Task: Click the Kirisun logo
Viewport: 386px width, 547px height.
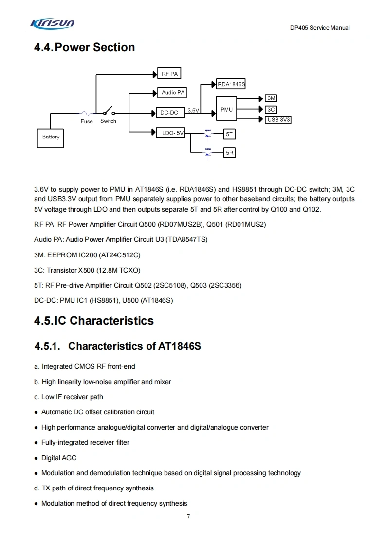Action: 52,24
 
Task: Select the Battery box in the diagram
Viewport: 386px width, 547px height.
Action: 51,137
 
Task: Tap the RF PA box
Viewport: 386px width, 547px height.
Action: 169,74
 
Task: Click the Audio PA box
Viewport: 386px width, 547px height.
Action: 172,92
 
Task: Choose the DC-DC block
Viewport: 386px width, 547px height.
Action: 169,113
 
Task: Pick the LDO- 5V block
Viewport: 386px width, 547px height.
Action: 170,133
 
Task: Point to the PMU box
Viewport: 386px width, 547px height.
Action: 226,110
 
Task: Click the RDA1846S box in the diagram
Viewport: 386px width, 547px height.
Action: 231,84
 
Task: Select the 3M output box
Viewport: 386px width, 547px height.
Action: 272,98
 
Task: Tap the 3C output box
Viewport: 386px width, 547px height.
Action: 272,110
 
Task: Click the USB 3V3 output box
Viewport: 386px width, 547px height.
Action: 278,119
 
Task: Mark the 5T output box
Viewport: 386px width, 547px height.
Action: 230,133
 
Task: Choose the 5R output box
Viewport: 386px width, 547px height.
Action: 230,153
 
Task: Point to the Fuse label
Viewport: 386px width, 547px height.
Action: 87,121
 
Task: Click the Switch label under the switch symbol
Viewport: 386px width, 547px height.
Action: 108,121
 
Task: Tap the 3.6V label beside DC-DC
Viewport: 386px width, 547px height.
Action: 193,111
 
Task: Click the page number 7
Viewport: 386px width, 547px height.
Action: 188,516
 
